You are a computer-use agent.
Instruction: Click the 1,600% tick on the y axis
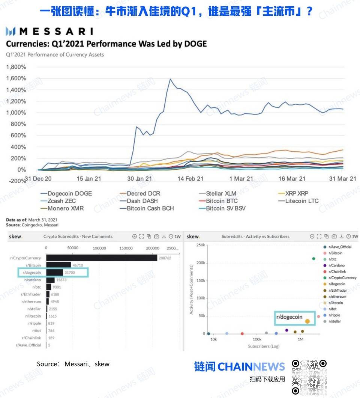[x=16, y=78]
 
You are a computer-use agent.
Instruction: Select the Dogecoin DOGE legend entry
[x=69, y=193]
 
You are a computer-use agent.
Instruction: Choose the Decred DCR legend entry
[x=143, y=193]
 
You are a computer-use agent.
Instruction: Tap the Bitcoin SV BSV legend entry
[x=226, y=208]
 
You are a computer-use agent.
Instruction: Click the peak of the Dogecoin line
[x=170, y=79]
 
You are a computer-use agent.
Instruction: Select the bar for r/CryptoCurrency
[x=101, y=258]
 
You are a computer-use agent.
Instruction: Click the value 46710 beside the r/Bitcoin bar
[x=78, y=265]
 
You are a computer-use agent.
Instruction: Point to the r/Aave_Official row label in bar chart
[x=28, y=345]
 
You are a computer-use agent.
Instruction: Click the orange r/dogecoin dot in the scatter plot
[x=307, y=321]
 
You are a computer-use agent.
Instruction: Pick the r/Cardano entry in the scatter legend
[x=337, y=265]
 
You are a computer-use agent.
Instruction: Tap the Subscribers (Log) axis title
[x=264, y=346]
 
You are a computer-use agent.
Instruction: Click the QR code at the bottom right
[x=309, y=377]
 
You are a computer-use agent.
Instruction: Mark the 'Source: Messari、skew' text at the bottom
[x=73, y=364]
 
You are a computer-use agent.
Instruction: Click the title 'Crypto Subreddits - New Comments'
[x=78, y=237]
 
